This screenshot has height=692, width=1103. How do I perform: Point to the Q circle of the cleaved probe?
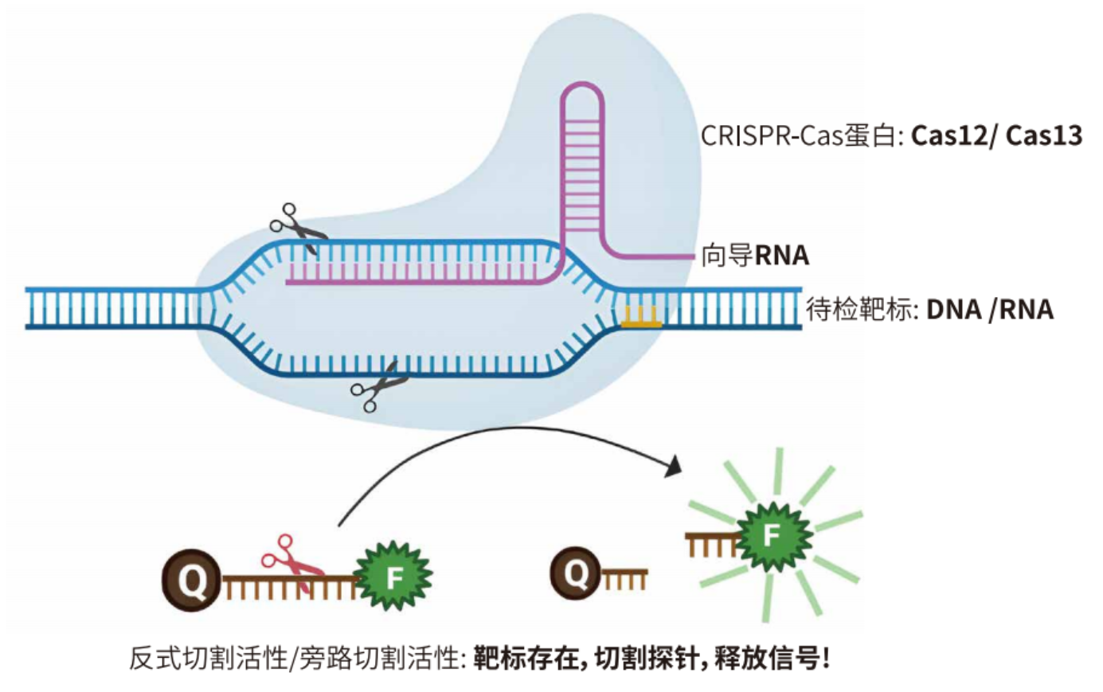(x=575, y=573)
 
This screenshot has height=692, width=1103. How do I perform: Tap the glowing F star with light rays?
(x=772, y=536)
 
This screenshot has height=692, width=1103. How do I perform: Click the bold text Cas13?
(x=1043, y=136)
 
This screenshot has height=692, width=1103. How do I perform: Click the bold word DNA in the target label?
(x=953, y=309)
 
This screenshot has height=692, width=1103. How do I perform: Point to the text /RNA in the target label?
(x=1021, y=309)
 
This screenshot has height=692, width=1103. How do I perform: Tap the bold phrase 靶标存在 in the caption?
(x=526, y=659)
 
